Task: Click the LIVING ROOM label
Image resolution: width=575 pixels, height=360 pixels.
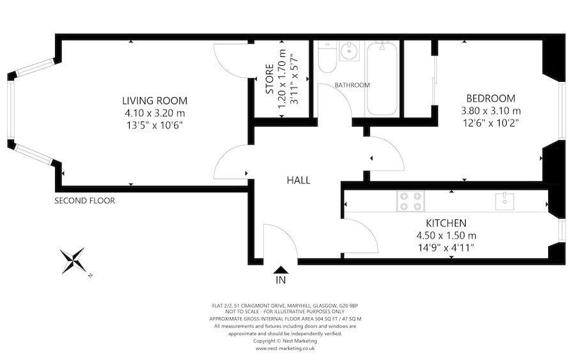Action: coord(155,100)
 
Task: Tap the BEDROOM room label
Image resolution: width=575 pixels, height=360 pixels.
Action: coord(490,98)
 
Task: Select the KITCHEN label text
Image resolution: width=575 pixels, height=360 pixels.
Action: coord(446,223)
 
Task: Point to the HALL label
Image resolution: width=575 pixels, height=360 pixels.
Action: coord(298,180)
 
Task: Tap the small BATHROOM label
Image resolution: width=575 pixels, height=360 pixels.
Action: coord(351,85)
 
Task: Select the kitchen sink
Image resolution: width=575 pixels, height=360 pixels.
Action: coord(504,201)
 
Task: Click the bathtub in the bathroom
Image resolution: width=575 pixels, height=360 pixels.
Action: coord(382,78)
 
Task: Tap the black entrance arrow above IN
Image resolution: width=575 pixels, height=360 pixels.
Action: coord(280,270)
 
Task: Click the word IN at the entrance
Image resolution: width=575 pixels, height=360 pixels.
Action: coord(280,280)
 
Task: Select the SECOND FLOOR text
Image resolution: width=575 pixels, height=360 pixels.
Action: coord(84,200)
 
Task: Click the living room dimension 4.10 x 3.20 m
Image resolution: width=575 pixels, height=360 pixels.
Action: coord(155,113)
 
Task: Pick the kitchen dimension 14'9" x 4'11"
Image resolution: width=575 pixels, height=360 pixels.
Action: coord(446,247)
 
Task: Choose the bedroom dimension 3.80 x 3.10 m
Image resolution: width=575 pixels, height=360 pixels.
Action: coord(490,111)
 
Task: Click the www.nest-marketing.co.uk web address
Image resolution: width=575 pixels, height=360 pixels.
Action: coord(285,348)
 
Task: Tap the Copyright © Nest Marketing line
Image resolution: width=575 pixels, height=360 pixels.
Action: coord(285,341)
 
